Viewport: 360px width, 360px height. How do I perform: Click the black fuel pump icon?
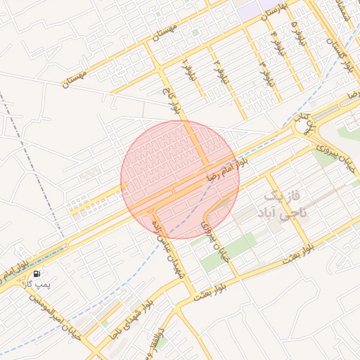pyautogui.click(x=37, y=273)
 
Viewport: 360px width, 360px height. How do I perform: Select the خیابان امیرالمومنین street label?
pyautogui.click(x=53, y=316)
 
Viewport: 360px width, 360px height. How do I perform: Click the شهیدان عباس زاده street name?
pyautogui.click(x=169, y=241)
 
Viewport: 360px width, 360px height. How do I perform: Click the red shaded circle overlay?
pyautogui.click(x=180, y=180)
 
